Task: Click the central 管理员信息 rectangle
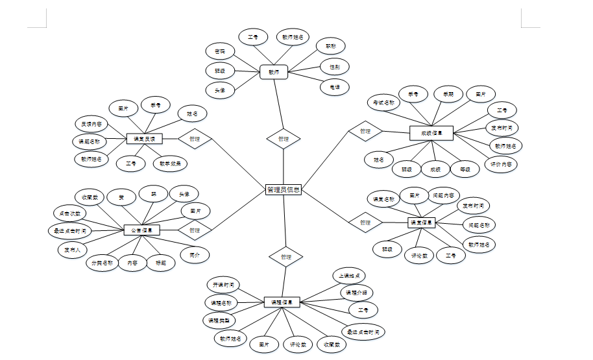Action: (284, 190)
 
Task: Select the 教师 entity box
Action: (273, 72)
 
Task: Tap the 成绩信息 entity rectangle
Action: (431, 134)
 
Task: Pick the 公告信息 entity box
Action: (142, 230)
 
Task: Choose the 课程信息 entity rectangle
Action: (282, 302)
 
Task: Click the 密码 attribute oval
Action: (221, 51)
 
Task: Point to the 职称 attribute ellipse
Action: (330, 46)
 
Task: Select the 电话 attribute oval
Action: (335, 86)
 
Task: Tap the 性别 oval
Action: (335, 66)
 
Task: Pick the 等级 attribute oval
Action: (465, 169)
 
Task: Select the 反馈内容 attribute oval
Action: (91, 123)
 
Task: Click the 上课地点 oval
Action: (350, 275)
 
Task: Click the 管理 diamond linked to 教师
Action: (284, 139)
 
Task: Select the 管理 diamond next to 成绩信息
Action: (365, 131)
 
